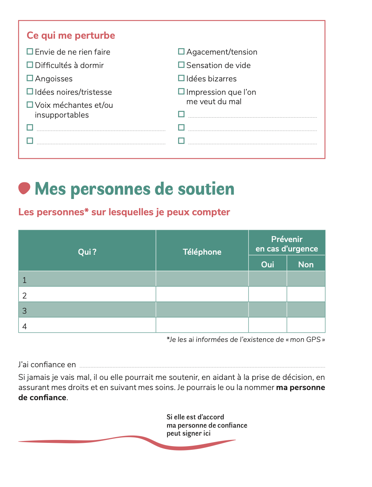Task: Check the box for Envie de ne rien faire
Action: tap(30, 51)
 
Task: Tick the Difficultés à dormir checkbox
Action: tap(30, 65)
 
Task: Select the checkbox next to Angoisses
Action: tap(30, 78)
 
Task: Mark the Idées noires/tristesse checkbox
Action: tap(30, 92)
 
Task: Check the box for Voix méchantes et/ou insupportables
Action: tap(30, 105)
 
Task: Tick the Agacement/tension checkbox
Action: tap(181, 51)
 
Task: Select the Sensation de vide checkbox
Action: tap(181, 65)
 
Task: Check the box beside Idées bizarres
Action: tap(181, 78)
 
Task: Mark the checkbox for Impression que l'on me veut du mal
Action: tap(181, 92)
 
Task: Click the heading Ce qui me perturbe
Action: tap(71, 35)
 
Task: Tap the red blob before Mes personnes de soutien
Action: tap(24, 188)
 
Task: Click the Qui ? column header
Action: tap(87, 252)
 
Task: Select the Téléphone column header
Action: tap(202, 252)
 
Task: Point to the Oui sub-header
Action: tap(267, 264)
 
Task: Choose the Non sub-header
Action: tap(306, 264)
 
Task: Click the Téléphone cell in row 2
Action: tap(202, 294)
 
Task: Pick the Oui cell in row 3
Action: tap(267, 310)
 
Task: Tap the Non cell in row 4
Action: tap(306, 325)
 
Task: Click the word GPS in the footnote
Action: tap(313, 339)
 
